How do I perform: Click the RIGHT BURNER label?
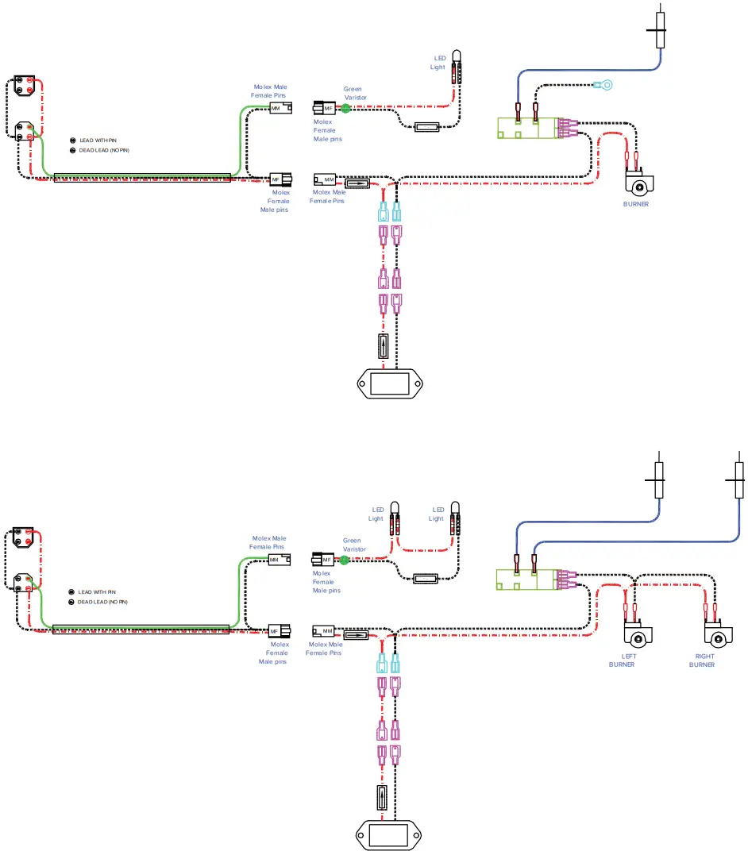click(x=704, y=661)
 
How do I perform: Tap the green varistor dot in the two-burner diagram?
click(x=345, y=560)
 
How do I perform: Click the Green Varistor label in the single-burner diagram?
click(x=354, y=93)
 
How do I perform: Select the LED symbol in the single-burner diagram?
click(x=457, y=67)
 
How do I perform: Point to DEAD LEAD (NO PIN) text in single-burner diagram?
click(x=103, y=150)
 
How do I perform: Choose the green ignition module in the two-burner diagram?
click(x=526, y=580)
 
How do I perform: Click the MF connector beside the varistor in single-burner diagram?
click(x=326, y=108)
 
